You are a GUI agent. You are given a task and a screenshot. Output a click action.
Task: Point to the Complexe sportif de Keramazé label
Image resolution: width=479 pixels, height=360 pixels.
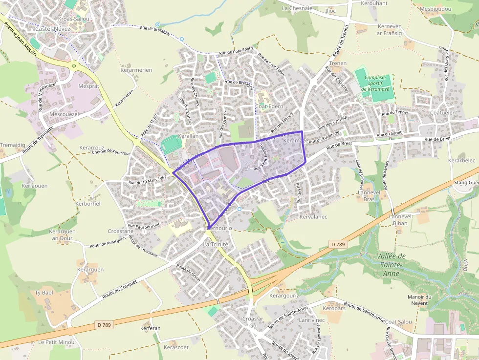(375, 83)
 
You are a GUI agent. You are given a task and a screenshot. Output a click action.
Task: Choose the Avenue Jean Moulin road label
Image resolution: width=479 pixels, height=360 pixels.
(20, 40)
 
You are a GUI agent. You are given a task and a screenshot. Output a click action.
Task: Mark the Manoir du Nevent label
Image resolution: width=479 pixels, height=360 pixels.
(420, 300)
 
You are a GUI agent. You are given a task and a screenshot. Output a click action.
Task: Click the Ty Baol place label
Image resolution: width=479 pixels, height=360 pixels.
(44, 293)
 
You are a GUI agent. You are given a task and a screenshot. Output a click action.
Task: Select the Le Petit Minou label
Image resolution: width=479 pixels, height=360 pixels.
(56, 342)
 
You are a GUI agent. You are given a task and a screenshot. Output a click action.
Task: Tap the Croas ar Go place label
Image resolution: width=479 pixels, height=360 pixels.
(253, 322)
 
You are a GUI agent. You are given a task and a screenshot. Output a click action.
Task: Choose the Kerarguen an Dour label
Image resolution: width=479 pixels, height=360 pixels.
(63, 234)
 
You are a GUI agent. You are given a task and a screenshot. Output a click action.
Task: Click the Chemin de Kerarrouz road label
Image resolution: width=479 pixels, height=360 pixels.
(111, 152)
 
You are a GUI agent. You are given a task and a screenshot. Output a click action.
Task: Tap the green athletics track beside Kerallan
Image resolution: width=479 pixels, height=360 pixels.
(172, 145)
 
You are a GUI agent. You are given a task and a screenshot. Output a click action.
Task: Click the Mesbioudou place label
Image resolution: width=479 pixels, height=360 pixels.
(435, 9)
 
